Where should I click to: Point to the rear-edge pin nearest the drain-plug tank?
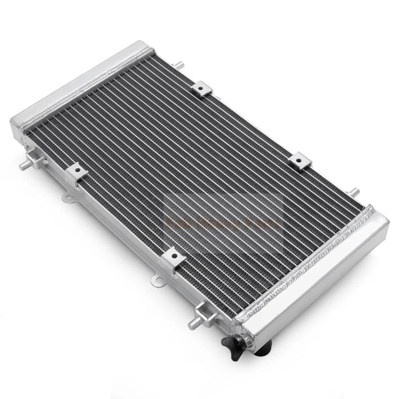(x=353, y=191)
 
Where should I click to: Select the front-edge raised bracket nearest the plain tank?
(x=76, y=172)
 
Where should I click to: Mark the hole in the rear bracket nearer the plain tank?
(x=201, y=89)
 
